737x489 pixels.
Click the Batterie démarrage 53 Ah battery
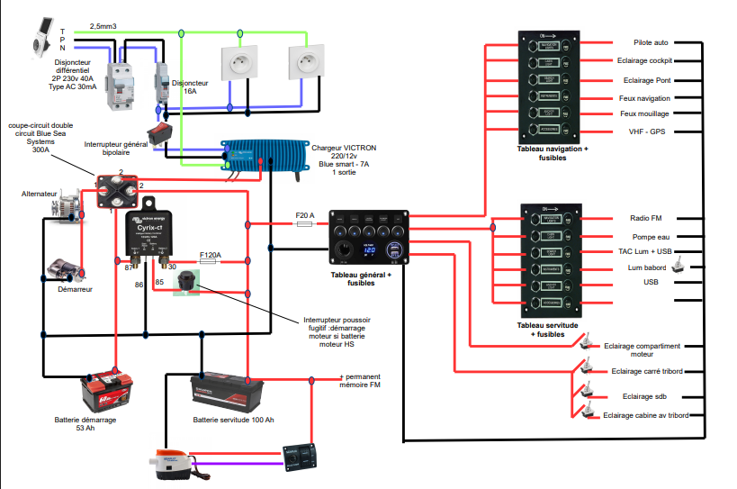pyautogui.click(x=108, y=392)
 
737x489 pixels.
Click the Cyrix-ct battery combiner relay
pyautogui.click(x=148, y=232)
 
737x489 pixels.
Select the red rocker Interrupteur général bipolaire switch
pyautogui.click(x=161, y=134)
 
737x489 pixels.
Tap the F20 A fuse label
pyautogui.click(x=305, y=216)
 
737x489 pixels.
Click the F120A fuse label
pyautogui.click(x=210, y=255)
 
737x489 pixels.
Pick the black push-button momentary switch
pyautogui.click(x=188, y=281)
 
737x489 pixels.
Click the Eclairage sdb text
pyautogui.click(x=648, y=396)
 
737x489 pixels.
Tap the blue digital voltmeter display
pyautogui.click(x=369, y=249)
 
